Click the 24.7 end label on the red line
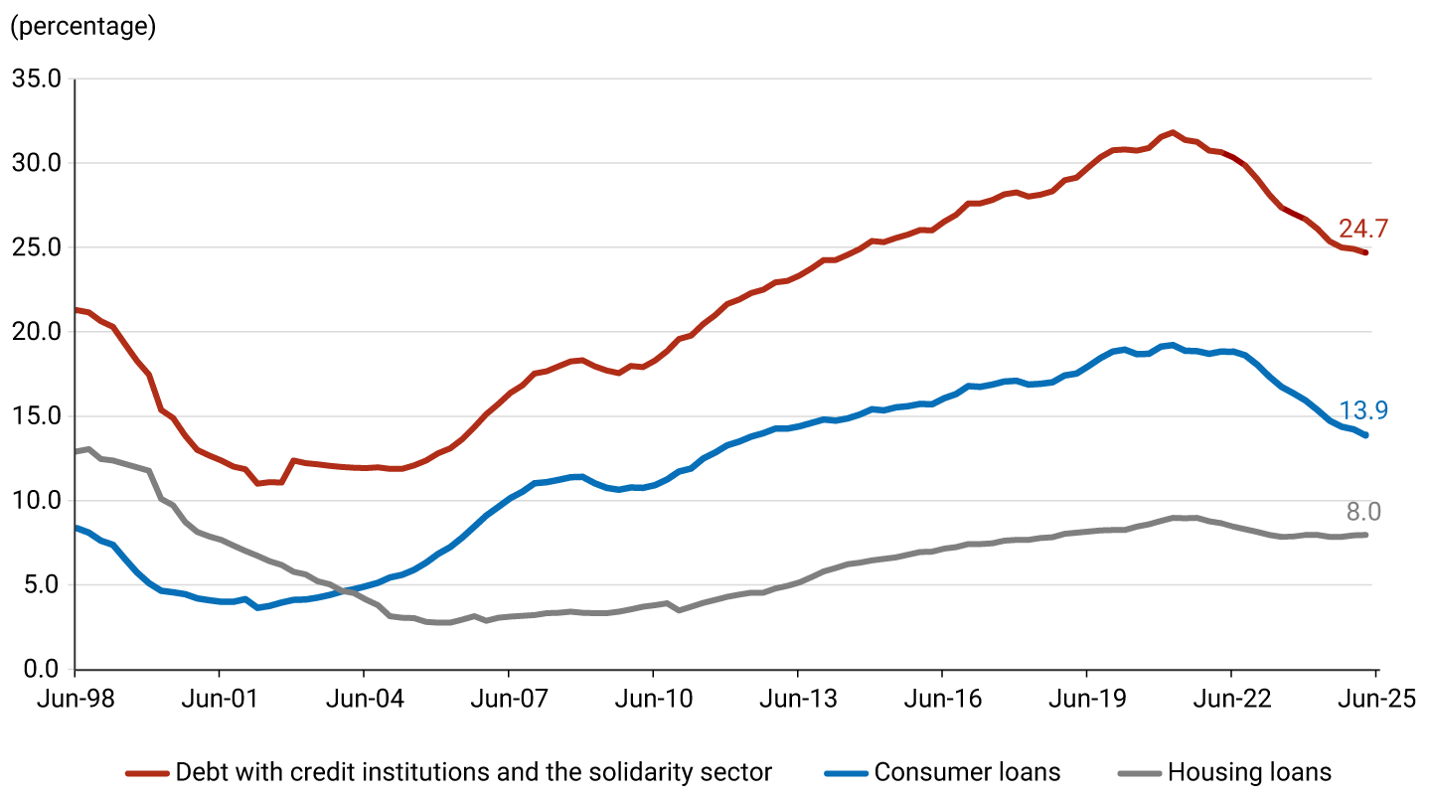[1362, 229]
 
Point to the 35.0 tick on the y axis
[36, 79]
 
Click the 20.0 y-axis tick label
[36, 332]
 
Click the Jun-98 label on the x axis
[76, 699]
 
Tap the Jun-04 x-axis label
[364, 699]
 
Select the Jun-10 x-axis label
[653, 699]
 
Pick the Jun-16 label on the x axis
[942, 699]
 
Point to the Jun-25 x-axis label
[1375, 699]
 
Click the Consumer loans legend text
[967, 772]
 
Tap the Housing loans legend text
[1249, 772]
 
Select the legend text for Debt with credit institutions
[473, 772]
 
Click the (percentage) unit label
[82, 27]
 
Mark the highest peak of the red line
[1173, 132]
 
